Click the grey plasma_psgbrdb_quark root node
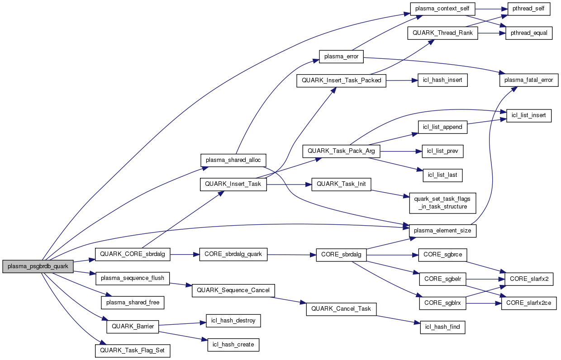(38, 266)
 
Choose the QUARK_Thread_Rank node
(442, 33)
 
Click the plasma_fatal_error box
(526, 80)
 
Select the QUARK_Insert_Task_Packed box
(341, 81)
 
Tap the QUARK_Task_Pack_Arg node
(341, 151)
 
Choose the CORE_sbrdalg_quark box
(233, 254)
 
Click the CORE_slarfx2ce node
(529, 303)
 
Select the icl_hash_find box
(442, 327)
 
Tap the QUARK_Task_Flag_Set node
(133, 351)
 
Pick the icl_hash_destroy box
(233, 321)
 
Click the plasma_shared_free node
(133, 302)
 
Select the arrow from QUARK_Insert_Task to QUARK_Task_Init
(290, 185)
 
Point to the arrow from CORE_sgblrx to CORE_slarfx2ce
(484, 303)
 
